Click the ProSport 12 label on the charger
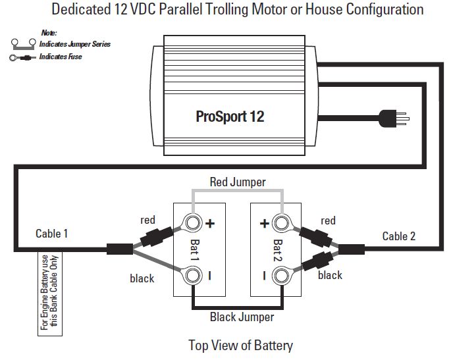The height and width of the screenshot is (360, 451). (230, 116)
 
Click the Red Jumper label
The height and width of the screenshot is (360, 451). (238, 182)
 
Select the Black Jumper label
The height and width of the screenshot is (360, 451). (242, 317)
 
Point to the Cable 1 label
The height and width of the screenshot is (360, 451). (51, 234)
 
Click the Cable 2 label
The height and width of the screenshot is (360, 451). (399, 236)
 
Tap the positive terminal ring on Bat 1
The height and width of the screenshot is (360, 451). (194, 223)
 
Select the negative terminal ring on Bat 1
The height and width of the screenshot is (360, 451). (194, 275)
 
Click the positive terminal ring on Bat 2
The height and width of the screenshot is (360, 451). (283, 223)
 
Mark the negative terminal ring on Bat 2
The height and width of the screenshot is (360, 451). (283, 275)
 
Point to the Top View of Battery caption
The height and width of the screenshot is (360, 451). (240, 345)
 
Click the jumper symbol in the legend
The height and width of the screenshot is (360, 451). (23, 44)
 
